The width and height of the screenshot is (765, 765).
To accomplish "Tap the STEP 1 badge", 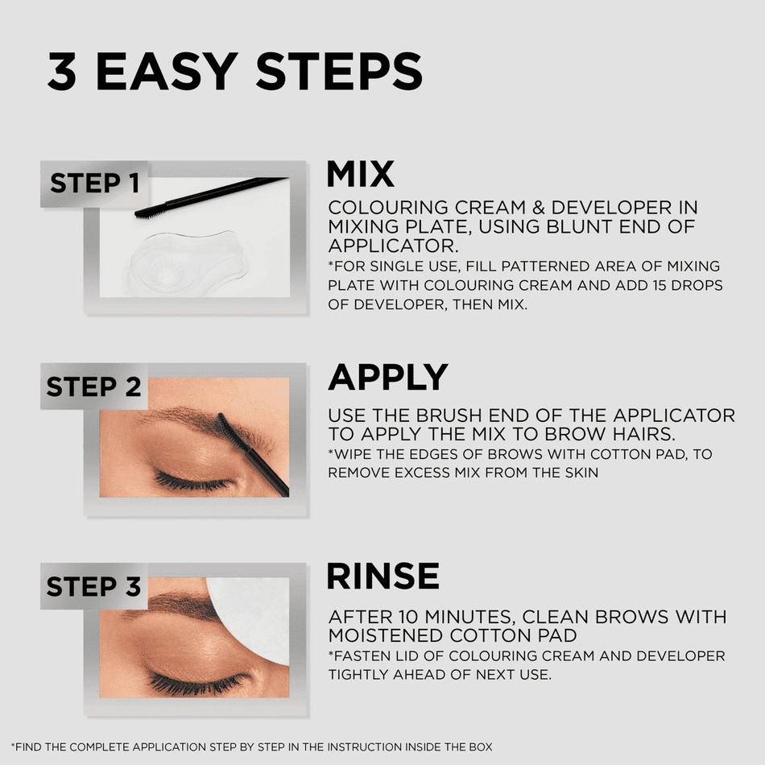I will [95, 184].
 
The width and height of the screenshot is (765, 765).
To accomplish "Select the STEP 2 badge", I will [93, 387].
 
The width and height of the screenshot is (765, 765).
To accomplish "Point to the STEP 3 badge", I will [93, 586].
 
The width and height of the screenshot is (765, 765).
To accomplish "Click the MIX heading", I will [360, 175].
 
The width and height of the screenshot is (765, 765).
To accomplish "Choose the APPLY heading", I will [387, 378].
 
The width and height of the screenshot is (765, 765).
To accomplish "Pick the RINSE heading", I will [382, 577].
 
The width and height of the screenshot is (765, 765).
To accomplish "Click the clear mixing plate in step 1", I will [185, 262].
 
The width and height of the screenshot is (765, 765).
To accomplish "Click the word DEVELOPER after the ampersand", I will [618, 209].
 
